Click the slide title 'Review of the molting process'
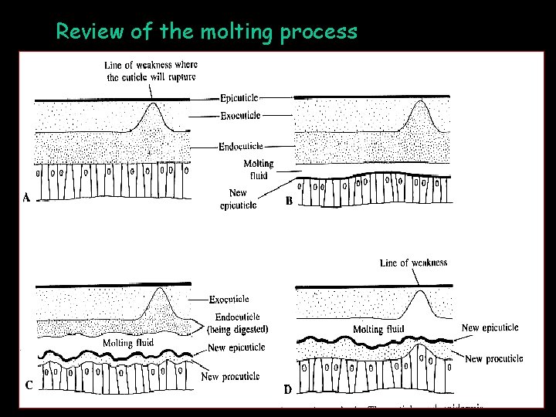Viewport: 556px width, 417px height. pyautogui.click(x=206, y=32)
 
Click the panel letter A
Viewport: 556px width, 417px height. pyautogui.click(x=26, y=198)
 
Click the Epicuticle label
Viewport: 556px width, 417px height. pyautogui.click(x=239, y=98)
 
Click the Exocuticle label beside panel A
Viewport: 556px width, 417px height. pyautogui.click(x=240, y=116)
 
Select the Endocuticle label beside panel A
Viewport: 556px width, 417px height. pyautogui.click(x=241, y=146)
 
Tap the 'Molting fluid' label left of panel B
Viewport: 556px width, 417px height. pyautogui.click(x=258, y=169)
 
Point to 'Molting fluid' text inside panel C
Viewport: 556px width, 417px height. pyautogui.click(x=128, y=343)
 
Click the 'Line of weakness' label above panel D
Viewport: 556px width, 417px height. pyautogui.click(x=413, y=263)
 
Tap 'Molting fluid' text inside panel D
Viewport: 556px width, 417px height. pyautogui.click(x=378, y=330)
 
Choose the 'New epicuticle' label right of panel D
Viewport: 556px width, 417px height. pyautogui.click(x=490, y=327)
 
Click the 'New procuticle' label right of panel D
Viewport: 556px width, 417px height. pyautogui.click(x=494, y=358)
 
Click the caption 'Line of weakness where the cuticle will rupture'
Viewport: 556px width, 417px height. pyautogui.click(x=151, y=71)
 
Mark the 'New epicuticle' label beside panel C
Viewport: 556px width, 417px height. pyautogui.click(x=236, y=347)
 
